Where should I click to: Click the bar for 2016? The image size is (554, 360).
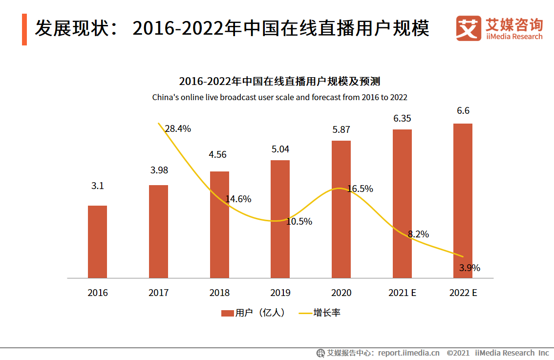(97, 242)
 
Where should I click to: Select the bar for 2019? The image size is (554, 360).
(280, 219)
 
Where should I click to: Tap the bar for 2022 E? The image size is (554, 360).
(463, 201)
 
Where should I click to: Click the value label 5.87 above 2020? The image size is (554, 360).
(341, 130)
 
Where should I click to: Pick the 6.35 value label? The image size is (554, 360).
(402, 118)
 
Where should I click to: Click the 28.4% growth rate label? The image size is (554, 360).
(178, 129)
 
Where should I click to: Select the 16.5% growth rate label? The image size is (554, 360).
(360, 189)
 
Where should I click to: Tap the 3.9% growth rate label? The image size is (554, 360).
(469, 268)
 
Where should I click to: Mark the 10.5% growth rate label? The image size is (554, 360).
(299, 221)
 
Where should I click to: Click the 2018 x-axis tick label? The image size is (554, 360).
(219, 293)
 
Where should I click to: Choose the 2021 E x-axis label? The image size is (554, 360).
(402, 293)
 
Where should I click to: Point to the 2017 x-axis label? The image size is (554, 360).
(158, 293)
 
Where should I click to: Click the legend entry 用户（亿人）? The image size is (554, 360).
(253, 313)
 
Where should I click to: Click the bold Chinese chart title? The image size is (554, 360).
(279, 81)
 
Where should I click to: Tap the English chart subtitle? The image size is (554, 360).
(279, 97)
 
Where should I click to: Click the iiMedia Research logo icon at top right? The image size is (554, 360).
(469, 29)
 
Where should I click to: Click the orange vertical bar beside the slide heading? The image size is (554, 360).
(24, 30)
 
